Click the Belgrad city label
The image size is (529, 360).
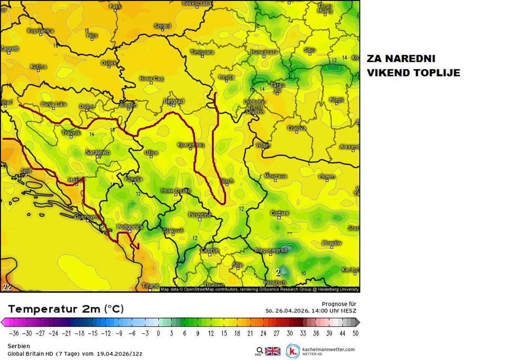pos(173,101)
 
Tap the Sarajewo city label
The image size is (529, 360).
pos(97,152)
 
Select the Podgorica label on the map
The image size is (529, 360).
pos(130,227)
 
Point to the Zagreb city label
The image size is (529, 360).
pos(9,48)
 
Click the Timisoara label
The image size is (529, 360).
pos(202,52)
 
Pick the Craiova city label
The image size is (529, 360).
pos(297,128)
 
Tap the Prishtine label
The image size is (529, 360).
pos(200,215)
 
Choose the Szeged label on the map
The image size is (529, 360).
pos(162,26)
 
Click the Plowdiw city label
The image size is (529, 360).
pos(332,243)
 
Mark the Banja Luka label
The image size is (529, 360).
pos(53,104)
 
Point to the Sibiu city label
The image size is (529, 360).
pos(310,50)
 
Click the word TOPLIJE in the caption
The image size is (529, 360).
pos(436,73)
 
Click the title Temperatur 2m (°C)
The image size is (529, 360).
pos(66,309)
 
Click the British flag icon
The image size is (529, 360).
pos(272,351)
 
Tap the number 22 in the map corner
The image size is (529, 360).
pos(7,287)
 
